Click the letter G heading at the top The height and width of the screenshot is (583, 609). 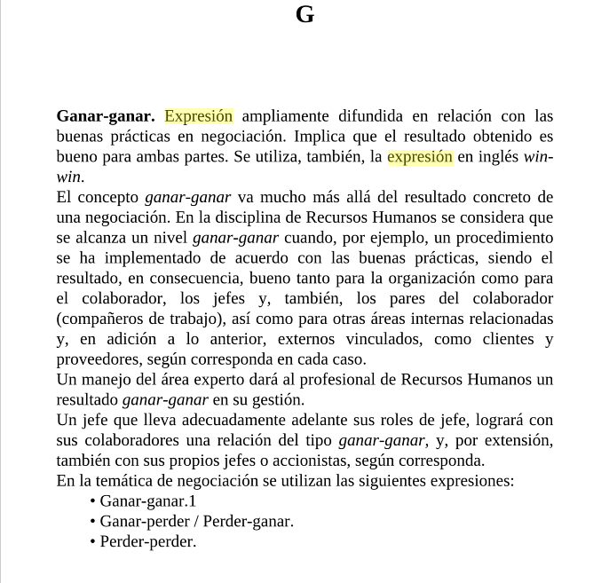[x=304, y=15]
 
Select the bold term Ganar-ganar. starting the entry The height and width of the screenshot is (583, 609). [x=106, y=116]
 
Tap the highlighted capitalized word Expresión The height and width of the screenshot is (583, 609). [x=199, y=116]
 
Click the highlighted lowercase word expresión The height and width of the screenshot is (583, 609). [x=420, y=157]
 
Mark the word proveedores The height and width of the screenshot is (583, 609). [x=99, y=359]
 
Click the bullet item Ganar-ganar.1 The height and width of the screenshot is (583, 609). [x=146, y=501]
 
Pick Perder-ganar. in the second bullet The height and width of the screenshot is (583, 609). [x=249, y=522]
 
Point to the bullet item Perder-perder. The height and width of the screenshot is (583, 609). [x=147, y=541]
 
